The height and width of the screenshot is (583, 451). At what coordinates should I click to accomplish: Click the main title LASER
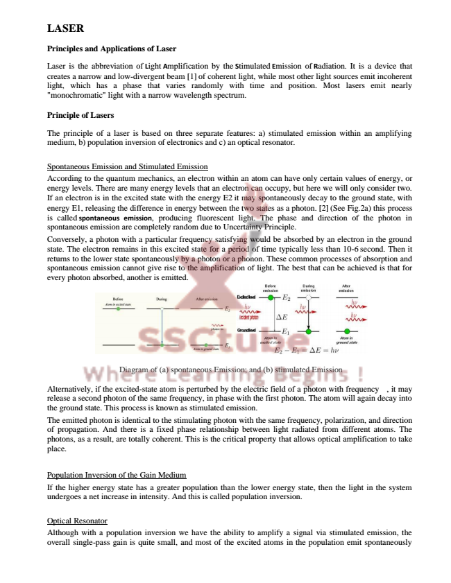pos(65,28)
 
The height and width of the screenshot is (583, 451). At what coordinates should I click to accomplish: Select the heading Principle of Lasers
pos(80,114)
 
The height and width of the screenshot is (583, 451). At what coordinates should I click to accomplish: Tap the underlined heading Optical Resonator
pos(77,520)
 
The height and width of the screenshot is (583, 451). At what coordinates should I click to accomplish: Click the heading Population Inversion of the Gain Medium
pos(117,475)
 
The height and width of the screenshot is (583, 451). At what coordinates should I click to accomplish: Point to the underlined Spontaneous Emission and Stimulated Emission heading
pos(127,166)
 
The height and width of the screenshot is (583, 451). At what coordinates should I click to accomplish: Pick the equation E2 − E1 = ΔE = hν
pos(306,351)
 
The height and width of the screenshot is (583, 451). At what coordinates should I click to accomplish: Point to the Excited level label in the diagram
pos(248,297)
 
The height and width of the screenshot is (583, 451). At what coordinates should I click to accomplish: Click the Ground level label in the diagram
pos(248,331)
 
